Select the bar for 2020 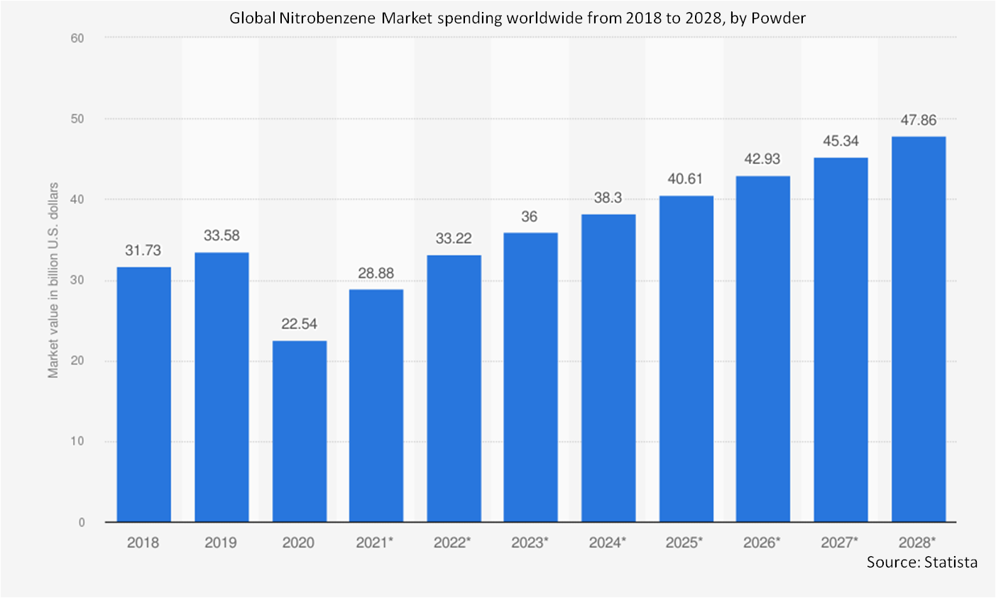click(x=299, y=431)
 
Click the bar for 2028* click(x=918, y=329)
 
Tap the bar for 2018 click(x=143, y=394)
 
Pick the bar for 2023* click(x=530, y=377)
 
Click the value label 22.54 click(x=299, y=324)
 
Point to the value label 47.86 click(x=918, y=120)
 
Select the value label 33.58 click(x=221, y=236)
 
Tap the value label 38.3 click(x=608, y=198)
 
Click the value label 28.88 click(x=376, y=273)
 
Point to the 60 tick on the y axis click(x=77, y=38)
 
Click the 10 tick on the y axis click(x=77, y=441)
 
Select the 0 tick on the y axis click(x=81, y=523)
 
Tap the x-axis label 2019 click(x=221, y=543)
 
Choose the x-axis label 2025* click(x=684, y=543)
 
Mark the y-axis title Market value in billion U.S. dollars click(x=53, y=280)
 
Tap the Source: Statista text click(x=921, y=563)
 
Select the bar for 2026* click(x=762, y=349)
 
